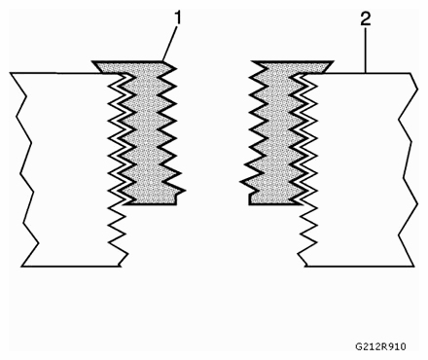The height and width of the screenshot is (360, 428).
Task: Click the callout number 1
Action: click(178, 18)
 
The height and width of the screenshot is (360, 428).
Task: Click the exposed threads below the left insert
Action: click(119, 234)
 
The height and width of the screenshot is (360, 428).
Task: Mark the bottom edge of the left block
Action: click(68, 266)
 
